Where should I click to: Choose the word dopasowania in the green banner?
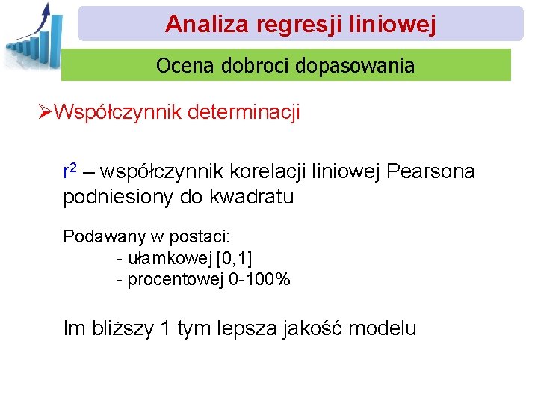pyautogui.click(x=355, y=66)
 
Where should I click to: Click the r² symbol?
pyautogui.click(x=69, y=171)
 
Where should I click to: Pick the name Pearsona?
pyautogui.click(x=431, y=172)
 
